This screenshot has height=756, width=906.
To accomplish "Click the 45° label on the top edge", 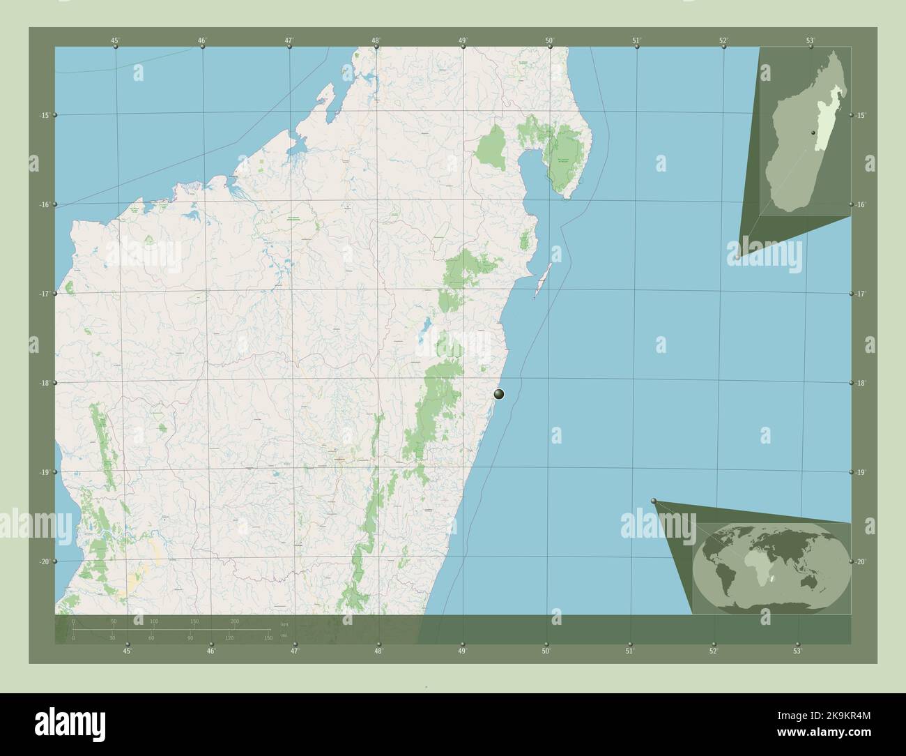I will (x=115, y=40).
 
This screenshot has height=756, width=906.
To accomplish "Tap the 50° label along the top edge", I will (x=550, y=40).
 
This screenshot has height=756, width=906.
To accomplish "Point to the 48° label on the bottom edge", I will (x=378, y=651).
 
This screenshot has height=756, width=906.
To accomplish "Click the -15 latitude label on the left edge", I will (x=44, y=115).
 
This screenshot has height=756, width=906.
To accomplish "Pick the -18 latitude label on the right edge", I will (x=861, y=383).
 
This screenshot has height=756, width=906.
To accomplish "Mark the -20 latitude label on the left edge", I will (x=44, y=561).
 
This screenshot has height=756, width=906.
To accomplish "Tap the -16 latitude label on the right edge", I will (x=861, y=204).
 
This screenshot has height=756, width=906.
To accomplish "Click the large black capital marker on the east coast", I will (x=498, y=394).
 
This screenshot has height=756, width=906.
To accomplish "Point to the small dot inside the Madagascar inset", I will (x=813, y=133).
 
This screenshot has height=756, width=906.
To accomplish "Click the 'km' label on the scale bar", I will (x=283, y=624).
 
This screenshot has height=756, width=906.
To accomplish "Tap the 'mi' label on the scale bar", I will (x=283, y=635).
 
